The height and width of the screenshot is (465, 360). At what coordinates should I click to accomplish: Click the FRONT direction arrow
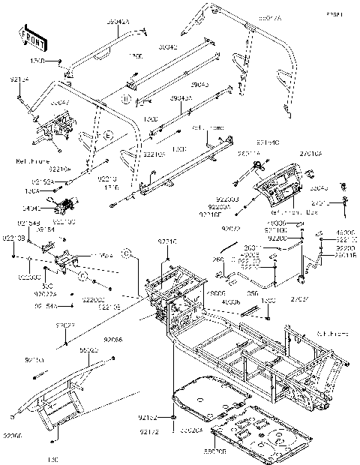click(x=28, y=34)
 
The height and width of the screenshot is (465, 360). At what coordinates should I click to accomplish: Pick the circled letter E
click(x=128, y=136)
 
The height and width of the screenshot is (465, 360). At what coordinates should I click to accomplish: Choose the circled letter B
click(x=127, y=98)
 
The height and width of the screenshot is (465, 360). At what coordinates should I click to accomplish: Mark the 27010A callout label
click(x=311, y=153)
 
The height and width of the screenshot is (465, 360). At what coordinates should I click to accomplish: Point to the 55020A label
click(x=189, y=430)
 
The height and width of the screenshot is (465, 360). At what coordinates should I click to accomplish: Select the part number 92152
click(x=148, y=416)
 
